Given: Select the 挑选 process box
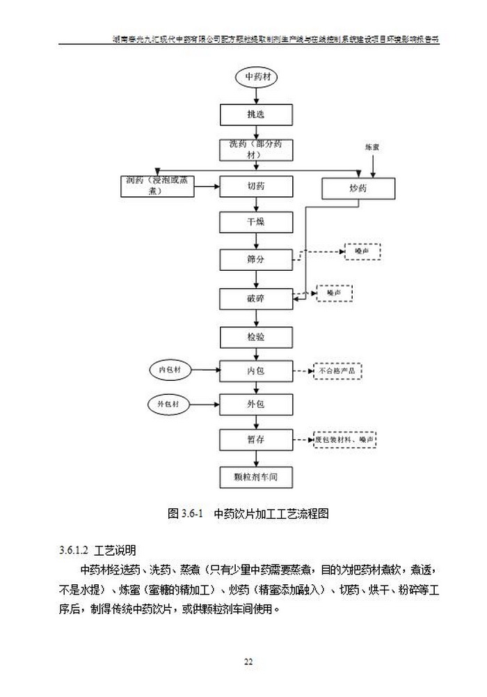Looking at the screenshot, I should (x=255, y=113).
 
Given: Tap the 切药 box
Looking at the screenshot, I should (x=255, y=187).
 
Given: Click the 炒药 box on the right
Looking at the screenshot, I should (x=358, y=188).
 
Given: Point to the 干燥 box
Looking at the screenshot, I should (x=255, y=223).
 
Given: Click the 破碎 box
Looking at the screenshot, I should (x=255, y=299).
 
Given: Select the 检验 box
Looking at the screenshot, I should (x=255, y=337).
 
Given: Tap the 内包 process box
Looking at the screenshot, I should (x=255, y=371).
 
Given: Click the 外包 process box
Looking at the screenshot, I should (x=255, y=405).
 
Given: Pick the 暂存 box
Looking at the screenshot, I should (x=255, y=440).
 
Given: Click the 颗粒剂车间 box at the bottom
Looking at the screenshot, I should (x=255, y=478).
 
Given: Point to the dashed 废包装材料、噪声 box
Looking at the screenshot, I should (x=345, y=440).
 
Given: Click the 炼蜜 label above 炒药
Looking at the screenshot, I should (x=372, y=148).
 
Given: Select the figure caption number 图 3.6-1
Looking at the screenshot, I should (x=184, y=515).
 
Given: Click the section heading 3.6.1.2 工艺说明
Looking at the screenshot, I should (x=98, y=550).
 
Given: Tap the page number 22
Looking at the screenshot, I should (x=248, y=661).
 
